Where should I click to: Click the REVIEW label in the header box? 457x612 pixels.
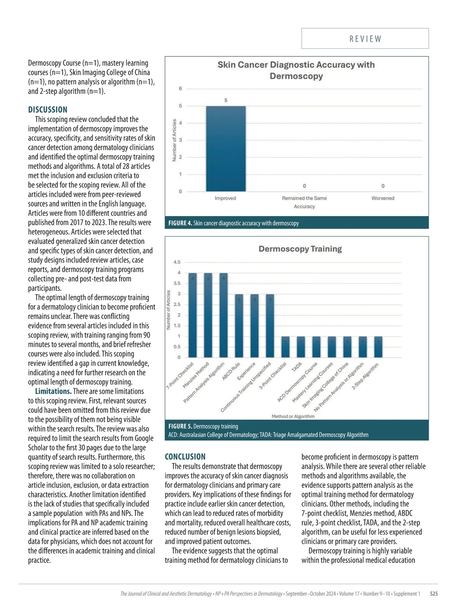(365, 39)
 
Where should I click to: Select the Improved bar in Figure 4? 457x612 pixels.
(226, 149)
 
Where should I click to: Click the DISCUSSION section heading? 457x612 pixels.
(48, 110)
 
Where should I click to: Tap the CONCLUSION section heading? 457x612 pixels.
(185, 457)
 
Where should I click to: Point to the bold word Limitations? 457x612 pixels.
(53, 391)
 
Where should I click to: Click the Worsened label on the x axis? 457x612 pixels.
(383, 198)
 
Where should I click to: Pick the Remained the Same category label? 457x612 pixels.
(304, 198)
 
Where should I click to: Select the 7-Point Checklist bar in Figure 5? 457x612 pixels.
(193, 315)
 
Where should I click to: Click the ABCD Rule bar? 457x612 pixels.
(239, 326)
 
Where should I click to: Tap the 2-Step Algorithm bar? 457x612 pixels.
(378, 347)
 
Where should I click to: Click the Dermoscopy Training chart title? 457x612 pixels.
(300, 249)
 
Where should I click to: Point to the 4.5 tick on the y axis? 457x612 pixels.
(177, 262)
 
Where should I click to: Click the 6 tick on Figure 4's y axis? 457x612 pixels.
(181, 89)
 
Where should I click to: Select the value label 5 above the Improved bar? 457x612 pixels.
(226, 100)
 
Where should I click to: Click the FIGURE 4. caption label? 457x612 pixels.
(180, 223)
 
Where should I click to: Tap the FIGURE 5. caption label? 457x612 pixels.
(180, 426)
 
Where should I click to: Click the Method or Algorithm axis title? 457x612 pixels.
(293, 417)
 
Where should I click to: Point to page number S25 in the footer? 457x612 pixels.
(434, 594)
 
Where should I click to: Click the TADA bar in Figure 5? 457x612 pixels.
(301, 347)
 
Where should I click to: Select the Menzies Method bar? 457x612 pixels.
(208, 315)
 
